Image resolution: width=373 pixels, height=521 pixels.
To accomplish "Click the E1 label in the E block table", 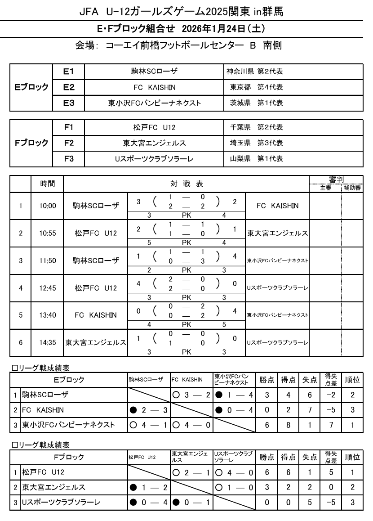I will pyautogui.click(x=68, y=72).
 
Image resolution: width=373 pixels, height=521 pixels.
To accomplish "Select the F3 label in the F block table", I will pyautogui.click(x=68, y=158).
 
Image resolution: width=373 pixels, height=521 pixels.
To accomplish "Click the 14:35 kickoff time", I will pyautogui.click(x=47, y=342).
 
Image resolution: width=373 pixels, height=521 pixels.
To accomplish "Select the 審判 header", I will pyautogui.click(x=336, y=180).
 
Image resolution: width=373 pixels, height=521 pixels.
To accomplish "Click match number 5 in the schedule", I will pyautogui.click(x=21, y=315).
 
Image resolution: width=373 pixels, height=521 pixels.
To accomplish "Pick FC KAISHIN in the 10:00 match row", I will pyautogui.click(x=277, y=206).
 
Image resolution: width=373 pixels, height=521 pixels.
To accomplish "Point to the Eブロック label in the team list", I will pyautogui.click(x=30, y=87).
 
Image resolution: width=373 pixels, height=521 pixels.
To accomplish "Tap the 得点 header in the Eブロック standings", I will pyautogui.click(x=288, y=380).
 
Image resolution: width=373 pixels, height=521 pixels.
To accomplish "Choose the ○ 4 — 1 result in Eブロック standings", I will pyautogui.click(x=148, y=425).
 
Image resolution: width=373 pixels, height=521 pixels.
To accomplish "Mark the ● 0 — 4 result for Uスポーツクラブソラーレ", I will pyautogui.click(x=148, y=502).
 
